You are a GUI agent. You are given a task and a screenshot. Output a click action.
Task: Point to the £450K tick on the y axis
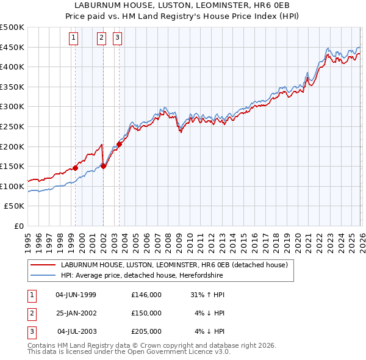(12, 47)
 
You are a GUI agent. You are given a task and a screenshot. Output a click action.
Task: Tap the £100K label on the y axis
(12, 186)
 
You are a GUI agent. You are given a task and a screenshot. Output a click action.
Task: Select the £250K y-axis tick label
(12, 126)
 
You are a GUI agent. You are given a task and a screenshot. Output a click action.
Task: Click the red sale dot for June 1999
(76, 168)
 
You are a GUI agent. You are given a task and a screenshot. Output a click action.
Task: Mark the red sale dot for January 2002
(104, 166)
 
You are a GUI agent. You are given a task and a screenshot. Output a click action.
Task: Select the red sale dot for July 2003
(120, 144)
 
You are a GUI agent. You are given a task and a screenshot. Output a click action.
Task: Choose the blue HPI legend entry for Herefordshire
(142, 276)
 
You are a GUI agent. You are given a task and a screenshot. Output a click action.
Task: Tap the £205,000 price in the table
(146, 331)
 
